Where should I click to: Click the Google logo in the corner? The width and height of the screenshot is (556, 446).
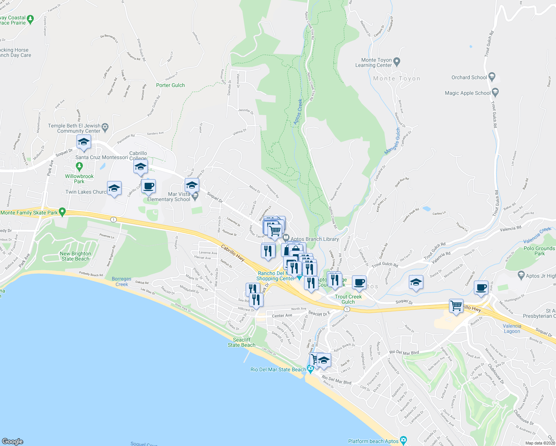pyautogui.click(x=13, y=441)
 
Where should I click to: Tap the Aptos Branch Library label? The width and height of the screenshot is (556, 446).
pyautogui.click(x=314, y=239)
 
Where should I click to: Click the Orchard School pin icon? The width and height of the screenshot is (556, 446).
pyautogui.click(x=492, y=77)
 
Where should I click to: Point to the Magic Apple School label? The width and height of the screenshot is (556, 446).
pyautogui.click(x=468, y=93)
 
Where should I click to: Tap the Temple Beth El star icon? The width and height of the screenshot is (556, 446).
pyautogui.click(x=105, y=127)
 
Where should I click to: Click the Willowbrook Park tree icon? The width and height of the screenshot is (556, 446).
pyautogui.click(x=79, y=165)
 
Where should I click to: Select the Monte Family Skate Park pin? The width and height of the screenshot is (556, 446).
pyautogui.click(x=62, y=212)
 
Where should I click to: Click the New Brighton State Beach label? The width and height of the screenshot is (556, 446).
pyautogui.click(x=75, y=256)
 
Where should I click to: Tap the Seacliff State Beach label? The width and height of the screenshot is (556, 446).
pyautogui.click(x=242, y=342)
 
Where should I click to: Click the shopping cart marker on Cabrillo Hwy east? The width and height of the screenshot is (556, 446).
pyautogui.click(x=456, y=306)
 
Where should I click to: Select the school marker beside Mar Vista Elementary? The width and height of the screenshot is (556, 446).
pyautogui.click(x=192, y=185)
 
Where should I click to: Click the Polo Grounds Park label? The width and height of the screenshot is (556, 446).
pyautogui.click(x=539, y=251)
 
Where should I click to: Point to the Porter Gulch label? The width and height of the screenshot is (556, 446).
pyautogui.click(x=170, y=85)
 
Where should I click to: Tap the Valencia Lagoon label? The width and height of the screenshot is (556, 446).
pyautogui.click(x=512, y=329)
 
